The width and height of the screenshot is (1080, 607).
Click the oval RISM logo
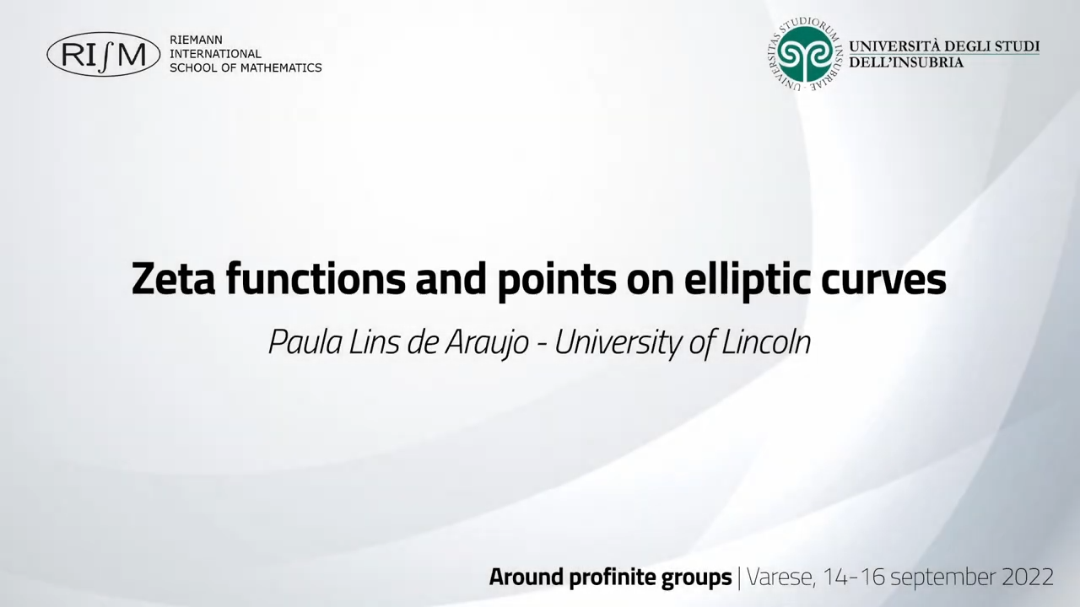[104, 55]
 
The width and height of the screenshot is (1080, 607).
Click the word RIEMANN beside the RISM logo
[197, 40]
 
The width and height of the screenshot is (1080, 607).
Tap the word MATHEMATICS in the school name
[281, 68]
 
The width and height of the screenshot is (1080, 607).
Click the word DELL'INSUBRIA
[906, 62]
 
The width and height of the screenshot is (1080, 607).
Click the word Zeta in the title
[173, 280]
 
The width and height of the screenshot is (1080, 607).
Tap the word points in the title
[556, 282]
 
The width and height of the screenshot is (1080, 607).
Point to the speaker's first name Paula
[305, 341]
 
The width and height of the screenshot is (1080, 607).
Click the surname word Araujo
[487, 343]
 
